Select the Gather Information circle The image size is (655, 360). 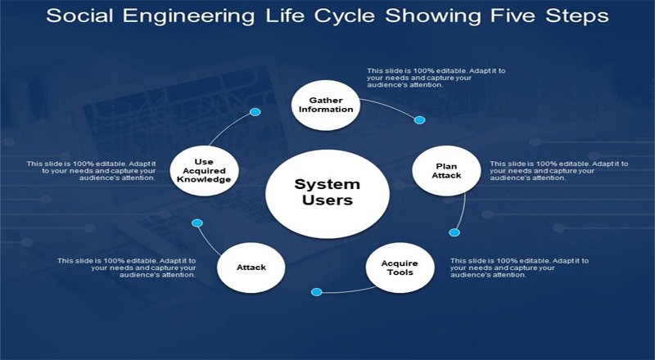point(325,105)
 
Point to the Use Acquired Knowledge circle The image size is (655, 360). point(201,169)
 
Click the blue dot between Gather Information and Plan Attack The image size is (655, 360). point(420,120)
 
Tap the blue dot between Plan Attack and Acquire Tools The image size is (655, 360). point(454,232)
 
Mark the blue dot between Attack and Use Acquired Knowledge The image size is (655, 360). point(196,223)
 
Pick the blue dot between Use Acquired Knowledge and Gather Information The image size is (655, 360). point(255,111)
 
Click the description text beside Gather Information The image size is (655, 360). point(436,78)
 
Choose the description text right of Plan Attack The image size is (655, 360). point(558,170)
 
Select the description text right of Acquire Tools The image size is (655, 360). point(519,268)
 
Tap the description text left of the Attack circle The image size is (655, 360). point(127,268)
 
